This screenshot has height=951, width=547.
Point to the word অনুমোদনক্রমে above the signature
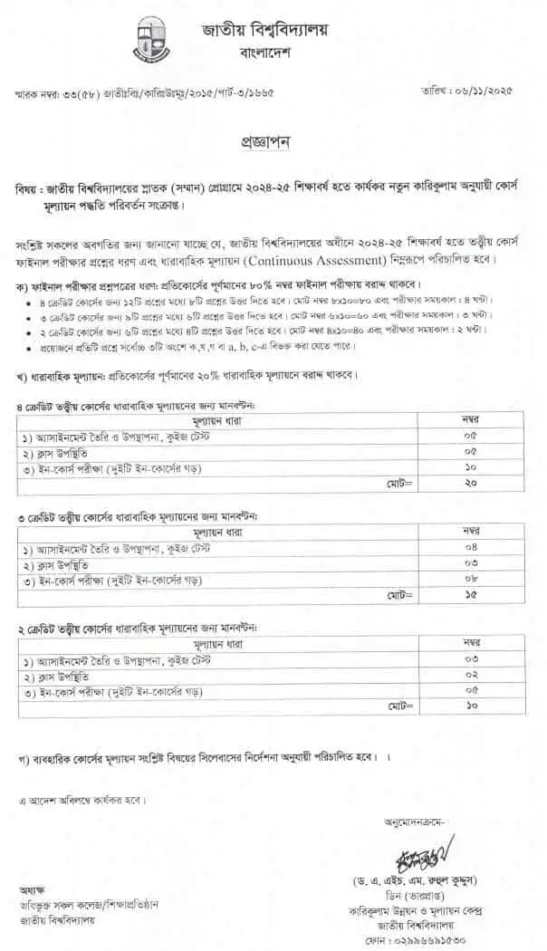[x=427, y=821]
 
